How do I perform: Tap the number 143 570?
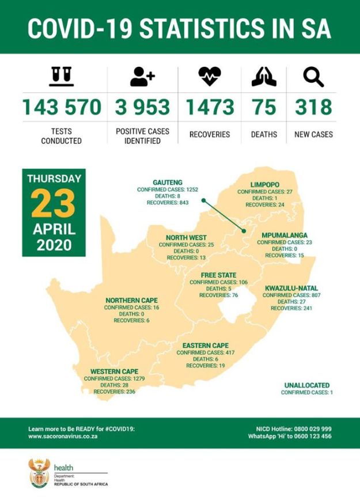click(x=61, y=107)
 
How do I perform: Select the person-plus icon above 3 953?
click(x=142, y=77)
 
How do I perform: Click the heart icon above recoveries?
click(x=209, y=77)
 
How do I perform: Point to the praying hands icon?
click(x=264, y=77)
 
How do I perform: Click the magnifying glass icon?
click(x=314, y=77)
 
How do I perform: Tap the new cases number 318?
click(x=314, y=107)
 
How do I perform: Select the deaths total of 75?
click(x=264, y=107)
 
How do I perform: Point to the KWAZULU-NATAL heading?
click(x=291, y=288)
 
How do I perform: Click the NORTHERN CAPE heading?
click(x=131, y=301)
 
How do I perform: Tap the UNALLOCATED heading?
click(x=306, y=385)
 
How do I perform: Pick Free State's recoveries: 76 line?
click(x=219, y=295)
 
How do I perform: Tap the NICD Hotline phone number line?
click(x=294, y=429)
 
